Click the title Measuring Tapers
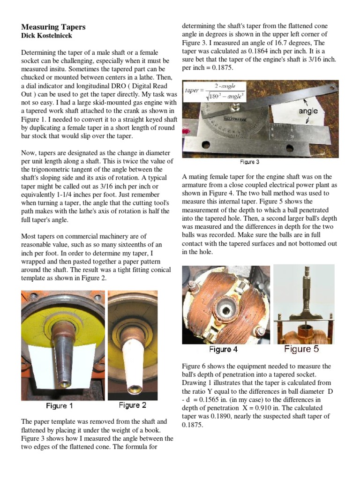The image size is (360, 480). tap(53, 27)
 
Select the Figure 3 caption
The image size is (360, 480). tap(250, 162)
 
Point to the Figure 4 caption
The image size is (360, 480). tap(223, 349)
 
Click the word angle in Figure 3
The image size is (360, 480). tap(308, 111)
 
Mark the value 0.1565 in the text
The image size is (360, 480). tap(210, 400)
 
